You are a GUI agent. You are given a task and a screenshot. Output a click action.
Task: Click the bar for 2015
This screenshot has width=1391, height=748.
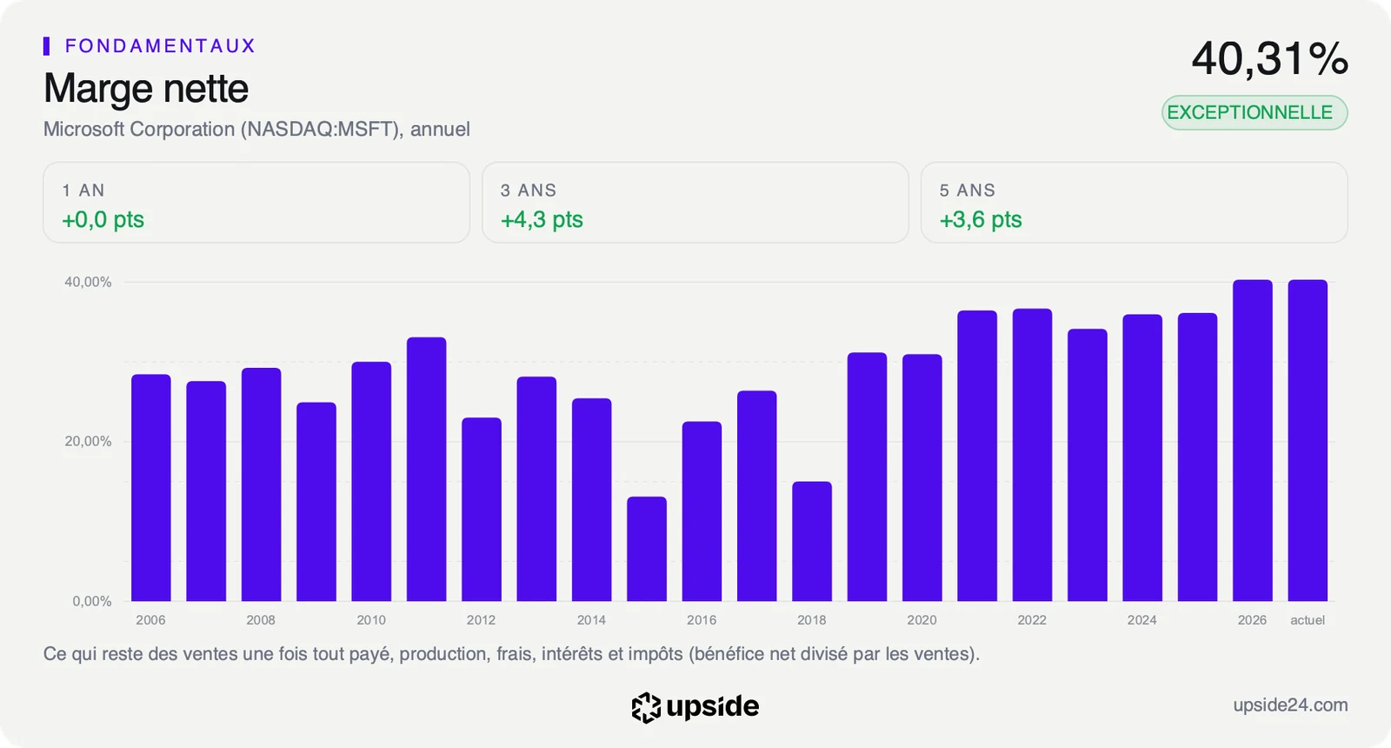(x=647, y=549)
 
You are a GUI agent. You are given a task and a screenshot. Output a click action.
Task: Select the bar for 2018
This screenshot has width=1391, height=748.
(x=812, y=542)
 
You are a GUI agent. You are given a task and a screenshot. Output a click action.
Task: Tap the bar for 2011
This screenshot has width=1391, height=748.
(x=426, y=470)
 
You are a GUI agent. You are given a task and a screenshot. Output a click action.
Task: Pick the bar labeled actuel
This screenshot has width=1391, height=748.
(x=1308, y=440)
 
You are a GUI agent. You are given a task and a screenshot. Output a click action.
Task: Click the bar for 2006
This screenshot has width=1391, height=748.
(x=151, y=488)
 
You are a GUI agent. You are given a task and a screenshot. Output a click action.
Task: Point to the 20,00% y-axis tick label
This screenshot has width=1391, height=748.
(x=88, y=442)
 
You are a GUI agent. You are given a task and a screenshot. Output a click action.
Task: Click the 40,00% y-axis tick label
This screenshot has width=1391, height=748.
(x=88, y=282)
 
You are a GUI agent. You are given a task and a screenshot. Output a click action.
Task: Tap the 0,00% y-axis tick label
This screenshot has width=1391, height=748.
(x=92, y=601)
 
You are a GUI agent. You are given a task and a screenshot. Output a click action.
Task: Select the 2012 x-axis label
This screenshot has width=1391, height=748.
(x=482, y=620)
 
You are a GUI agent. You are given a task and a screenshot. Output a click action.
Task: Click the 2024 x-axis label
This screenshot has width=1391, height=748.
(x=1142, y=620)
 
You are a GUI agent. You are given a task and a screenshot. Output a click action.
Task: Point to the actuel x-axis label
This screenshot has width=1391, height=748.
(x=1308, y=620)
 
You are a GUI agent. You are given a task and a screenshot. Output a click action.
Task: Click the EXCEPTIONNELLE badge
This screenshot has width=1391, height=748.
(x=1255, y=112)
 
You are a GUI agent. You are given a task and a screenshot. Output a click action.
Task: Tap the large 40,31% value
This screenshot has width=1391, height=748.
(x=1270, y=59)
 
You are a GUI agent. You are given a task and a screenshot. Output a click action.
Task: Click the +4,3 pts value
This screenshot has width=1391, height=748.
(x=542, y=219)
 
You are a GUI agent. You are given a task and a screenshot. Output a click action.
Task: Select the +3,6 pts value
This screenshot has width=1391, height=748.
(x=981, y=219)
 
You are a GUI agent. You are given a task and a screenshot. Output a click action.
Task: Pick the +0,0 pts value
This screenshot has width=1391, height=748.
(x=103, y=219)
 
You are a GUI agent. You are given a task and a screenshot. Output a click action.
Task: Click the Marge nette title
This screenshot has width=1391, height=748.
(x=146, y=89)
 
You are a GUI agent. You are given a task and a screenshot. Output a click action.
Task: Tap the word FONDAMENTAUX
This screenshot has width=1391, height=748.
(x=160, y=46)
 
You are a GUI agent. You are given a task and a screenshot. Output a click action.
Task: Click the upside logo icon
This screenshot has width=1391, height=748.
(x=646, y=708)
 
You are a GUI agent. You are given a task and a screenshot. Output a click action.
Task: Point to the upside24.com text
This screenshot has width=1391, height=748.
(x=1290, y=705)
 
